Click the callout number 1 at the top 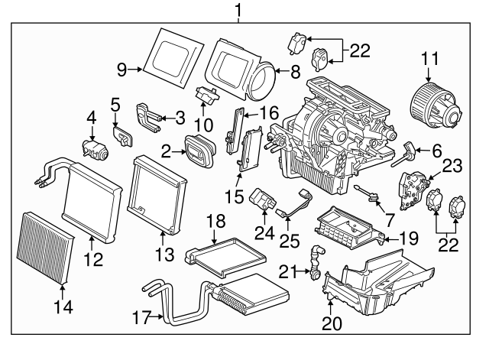tap(238, 10)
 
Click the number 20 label tap(332, 324)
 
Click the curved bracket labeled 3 tap(150, 115)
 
